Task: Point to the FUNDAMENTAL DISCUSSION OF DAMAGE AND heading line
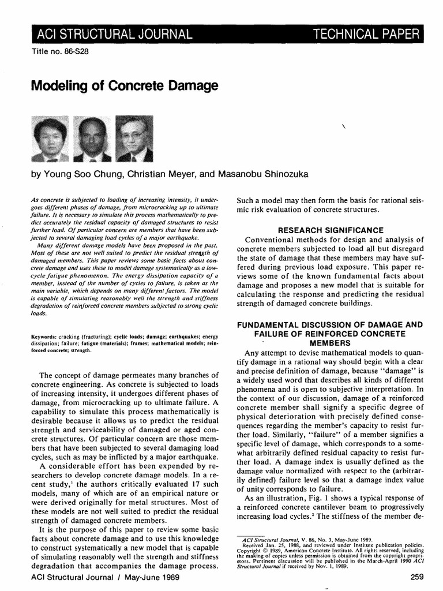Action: coord(331,325)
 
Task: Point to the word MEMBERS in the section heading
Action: coord(331,344)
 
